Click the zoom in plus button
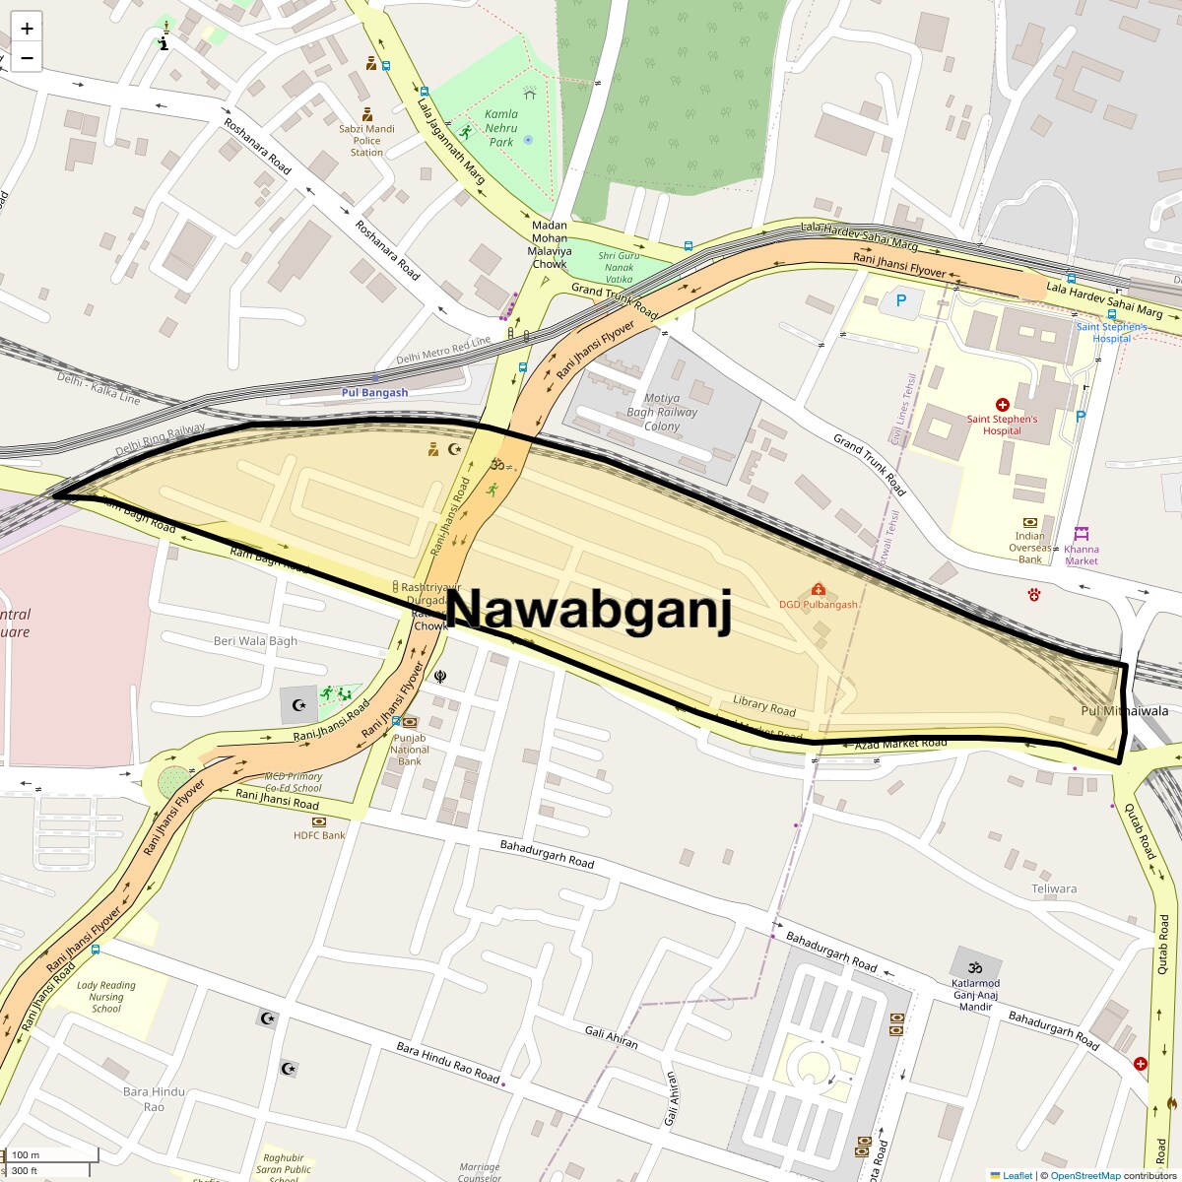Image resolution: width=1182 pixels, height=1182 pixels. (x=27, y=29)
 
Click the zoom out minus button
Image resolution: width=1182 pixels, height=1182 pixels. (x=27, y=58)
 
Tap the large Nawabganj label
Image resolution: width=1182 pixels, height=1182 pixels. (x=590, y=609)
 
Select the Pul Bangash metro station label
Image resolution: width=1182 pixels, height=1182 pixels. (x=374, y=392)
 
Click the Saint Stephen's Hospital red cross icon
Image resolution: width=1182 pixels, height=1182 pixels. (x=1003, y=405)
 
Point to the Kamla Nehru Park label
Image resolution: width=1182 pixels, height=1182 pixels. (x=501, y=128)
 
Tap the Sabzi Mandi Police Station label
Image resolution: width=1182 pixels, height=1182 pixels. (x=366, y=140)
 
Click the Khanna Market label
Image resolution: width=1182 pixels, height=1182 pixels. (x=1082, y=555)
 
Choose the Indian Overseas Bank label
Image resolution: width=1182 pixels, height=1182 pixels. (x=1030, y=548)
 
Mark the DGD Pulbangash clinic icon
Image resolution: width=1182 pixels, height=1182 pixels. (x=818, y=589)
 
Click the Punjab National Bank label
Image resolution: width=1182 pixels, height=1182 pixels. (x=410, y=749)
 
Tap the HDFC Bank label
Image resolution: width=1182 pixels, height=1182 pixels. (x=320, y=835)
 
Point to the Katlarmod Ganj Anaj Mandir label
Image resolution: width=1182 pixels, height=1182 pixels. (x=975, y=995)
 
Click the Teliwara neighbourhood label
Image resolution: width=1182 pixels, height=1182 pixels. (x=1054, y=888)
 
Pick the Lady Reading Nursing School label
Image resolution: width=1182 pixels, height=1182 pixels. (x=106, y=997)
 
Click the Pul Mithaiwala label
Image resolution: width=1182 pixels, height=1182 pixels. (x=1125, y=710)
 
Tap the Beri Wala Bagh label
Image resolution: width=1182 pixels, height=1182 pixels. (x=255, y=641)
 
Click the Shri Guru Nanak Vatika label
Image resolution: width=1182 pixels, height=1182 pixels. (x=619, y=267)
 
